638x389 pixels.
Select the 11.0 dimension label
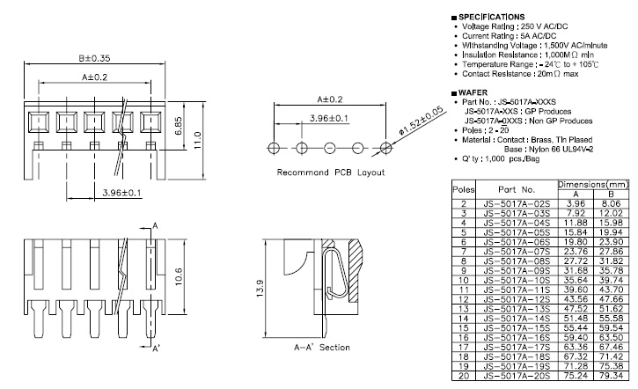[x=200, y=139]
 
